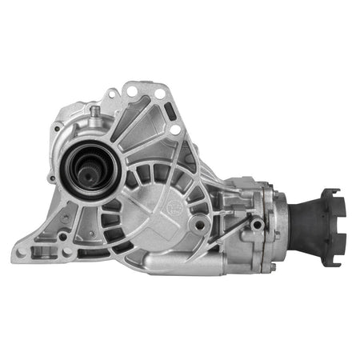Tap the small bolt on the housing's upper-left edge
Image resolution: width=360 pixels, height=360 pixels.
58,126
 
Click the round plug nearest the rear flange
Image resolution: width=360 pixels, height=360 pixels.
256,225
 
